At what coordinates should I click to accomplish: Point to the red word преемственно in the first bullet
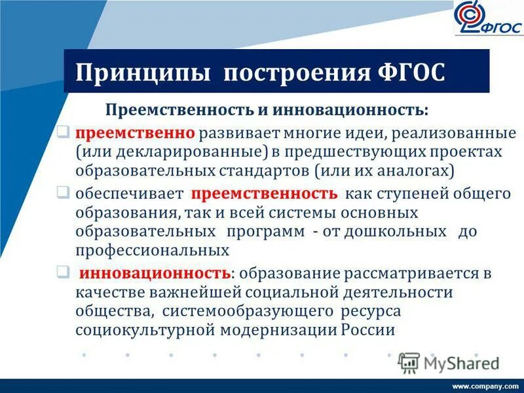pos(135,133)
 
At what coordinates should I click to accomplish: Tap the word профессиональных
pos(152,250)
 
